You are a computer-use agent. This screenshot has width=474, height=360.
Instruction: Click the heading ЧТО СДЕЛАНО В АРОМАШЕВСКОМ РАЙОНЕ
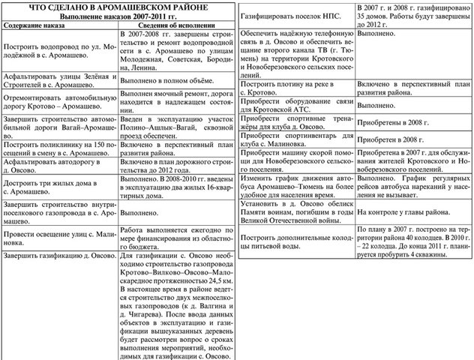click(118, 6)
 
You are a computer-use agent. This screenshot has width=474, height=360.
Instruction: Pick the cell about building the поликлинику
click(60, 144)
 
